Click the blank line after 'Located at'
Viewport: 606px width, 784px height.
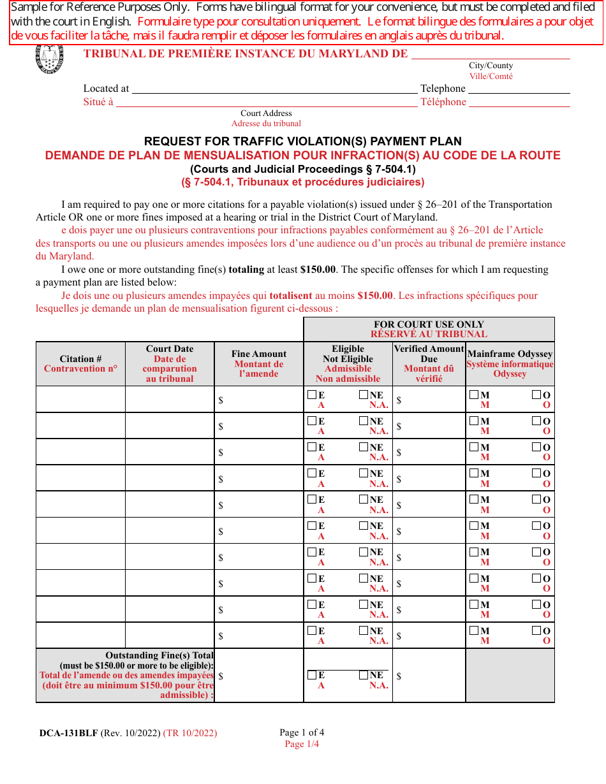tap(274, 89)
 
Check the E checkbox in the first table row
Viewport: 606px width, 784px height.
tap(312, 395)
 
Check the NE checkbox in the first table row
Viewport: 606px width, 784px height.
tap(364, 395)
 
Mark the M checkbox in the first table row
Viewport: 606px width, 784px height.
tap(474, 395)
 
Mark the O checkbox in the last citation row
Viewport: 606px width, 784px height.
tap(536, 630)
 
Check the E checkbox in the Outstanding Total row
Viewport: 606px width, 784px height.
tap(312, 675)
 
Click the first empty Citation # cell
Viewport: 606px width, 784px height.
tap(80, 400)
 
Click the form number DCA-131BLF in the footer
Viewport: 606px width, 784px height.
tap(69, 733)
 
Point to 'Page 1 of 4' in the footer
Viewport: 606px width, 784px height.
tap(302, 732)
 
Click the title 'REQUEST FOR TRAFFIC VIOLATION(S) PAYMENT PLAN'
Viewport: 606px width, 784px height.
tap(303, 142)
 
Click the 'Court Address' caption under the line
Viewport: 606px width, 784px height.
tap(266, 113)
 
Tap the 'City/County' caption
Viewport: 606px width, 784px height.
tap(491, 66)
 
